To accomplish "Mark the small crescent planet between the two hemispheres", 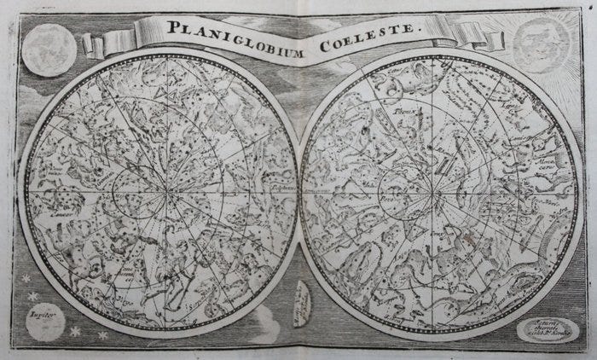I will point(302,301).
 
